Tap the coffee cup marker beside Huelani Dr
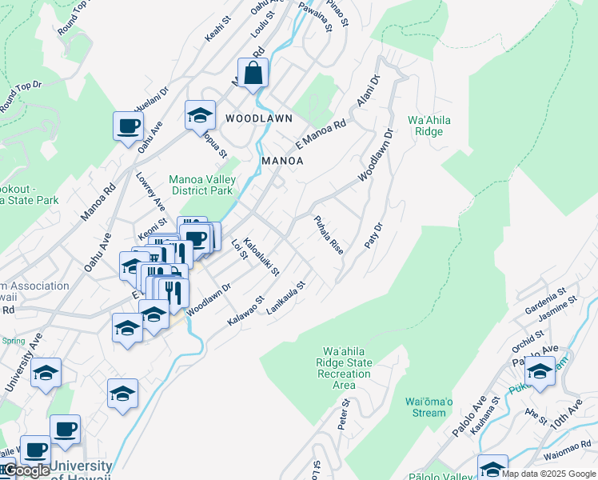[128, 126]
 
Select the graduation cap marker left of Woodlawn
[200, 115]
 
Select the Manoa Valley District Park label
[201, 185]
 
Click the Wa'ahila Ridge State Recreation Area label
[347, 368]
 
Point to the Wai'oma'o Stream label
[425, 407]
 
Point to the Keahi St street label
[216, 32]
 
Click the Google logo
[26, 470]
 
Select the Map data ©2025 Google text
[548, 474]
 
